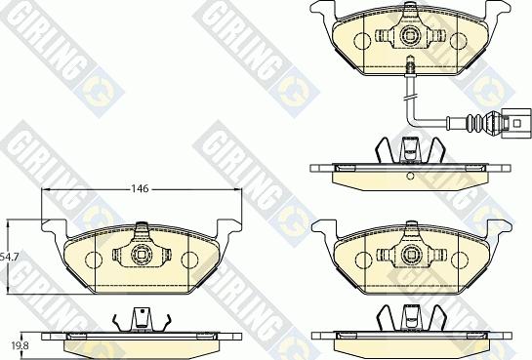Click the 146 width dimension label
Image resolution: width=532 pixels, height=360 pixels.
point(141,188)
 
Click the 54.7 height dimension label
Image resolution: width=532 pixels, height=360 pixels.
point(9,258)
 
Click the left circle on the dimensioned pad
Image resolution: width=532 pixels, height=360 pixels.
point(92,260)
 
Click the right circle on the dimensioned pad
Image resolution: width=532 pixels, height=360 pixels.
point(188,260)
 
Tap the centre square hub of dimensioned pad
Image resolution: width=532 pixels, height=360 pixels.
point(141,255)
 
